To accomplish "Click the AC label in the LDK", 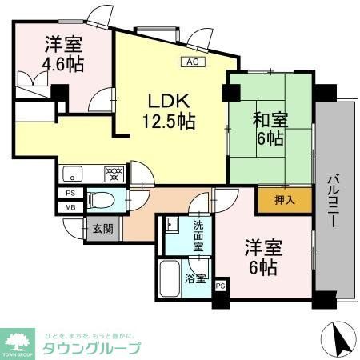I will coord(191,61).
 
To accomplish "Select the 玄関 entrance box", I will coord(102,228).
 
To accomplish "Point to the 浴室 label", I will coord(196,280).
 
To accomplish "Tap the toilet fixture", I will coord(102,199).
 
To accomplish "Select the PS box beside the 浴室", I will coord(221,284).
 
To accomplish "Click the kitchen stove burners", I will coord(114,171).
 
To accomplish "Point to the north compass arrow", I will coord(339,339).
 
